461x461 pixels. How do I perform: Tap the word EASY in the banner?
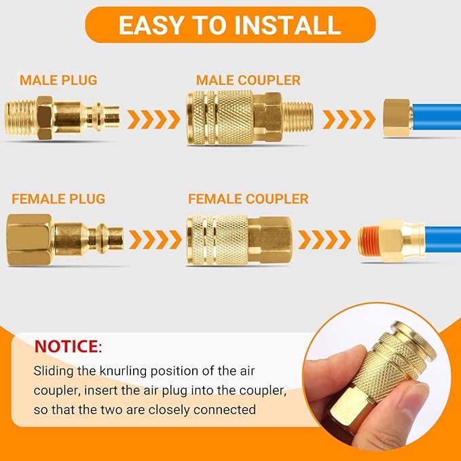point(151,25)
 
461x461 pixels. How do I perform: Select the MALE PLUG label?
point(58,80)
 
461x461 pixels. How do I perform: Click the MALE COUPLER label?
point(248,81)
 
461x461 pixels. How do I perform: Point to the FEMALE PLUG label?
point(58,199)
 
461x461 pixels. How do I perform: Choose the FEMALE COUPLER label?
point(248,199)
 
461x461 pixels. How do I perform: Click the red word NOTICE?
point(66,347)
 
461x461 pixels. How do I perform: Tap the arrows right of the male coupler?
point(348,119)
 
